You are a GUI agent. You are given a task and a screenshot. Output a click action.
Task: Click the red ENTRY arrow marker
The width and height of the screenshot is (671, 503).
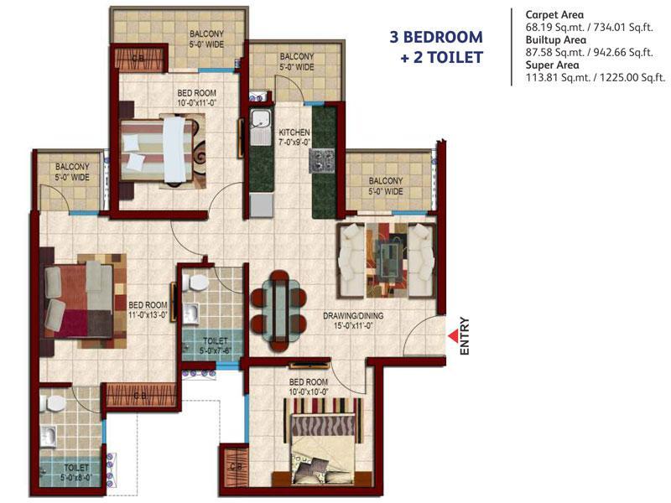pos(453,336)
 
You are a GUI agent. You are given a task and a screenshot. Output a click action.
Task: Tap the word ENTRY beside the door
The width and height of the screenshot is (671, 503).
pos(465,336)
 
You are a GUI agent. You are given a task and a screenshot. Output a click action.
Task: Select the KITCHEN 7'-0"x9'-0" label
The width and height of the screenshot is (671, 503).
pos(294,137)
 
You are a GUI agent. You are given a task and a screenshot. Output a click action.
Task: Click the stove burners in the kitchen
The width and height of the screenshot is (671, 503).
pos(321,161)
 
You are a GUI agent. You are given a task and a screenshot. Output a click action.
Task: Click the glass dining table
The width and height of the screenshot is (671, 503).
pos(278,310)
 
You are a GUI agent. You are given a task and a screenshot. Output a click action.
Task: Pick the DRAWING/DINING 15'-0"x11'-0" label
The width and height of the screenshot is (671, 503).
pos(353,321)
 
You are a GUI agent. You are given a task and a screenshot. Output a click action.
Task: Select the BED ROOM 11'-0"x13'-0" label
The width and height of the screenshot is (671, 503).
pos(148,310)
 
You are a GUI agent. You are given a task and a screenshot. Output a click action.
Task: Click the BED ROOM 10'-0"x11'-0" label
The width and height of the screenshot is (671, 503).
pos(197,97)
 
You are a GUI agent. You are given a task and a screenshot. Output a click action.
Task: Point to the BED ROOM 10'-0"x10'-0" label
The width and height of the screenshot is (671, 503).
pos(309,386)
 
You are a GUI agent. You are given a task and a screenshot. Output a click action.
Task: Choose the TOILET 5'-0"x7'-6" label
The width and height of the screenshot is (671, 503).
pos(216,345)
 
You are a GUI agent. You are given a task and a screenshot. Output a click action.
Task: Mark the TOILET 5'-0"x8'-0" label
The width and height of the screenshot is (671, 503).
pos(76,472)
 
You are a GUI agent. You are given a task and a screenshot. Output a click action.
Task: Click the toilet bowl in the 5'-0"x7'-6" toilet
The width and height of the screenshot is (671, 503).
pos(195,283)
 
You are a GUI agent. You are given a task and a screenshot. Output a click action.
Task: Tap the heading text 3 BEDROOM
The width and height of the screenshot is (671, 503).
pos(436,37)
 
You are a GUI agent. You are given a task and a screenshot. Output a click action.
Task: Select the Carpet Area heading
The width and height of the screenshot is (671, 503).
pos(554,14)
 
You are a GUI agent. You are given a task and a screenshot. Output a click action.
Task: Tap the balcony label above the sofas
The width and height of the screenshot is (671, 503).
pos(386,186)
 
